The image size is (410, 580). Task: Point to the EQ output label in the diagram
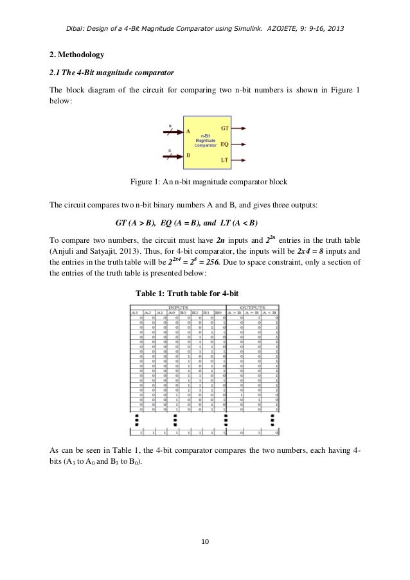point(225,143)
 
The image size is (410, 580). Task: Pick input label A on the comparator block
point(188,131)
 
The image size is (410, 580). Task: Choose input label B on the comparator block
point(188,155)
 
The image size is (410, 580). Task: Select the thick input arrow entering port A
point(172,132)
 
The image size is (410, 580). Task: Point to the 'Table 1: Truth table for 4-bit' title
point(187,293)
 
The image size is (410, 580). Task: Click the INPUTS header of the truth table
point(178,308)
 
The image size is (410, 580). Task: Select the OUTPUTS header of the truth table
point(253,308)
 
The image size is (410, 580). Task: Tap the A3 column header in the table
point(135,313)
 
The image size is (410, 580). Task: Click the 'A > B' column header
point(239,313)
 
